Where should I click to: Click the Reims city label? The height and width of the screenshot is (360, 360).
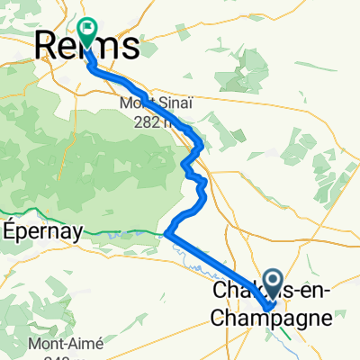click(x=87, y=44)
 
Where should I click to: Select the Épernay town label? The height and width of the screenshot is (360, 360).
click(x=42, y=229)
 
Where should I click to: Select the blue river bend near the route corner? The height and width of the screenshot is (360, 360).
click(x=167, y=236)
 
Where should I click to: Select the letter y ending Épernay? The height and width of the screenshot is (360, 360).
click(x=78, y=231)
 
